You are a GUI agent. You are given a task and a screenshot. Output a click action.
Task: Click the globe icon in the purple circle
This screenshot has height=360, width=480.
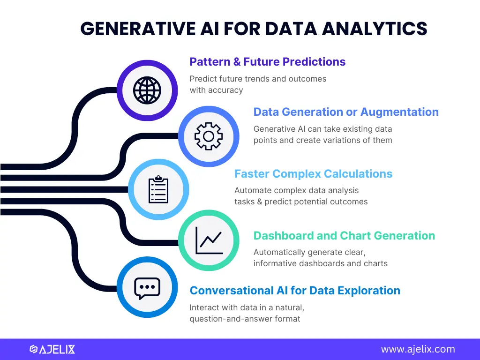tap(147, 90)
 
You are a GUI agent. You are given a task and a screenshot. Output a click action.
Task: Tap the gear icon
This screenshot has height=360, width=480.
tap(209, 136)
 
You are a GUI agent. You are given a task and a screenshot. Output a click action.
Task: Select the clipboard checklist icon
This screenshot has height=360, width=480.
tap(158, 190)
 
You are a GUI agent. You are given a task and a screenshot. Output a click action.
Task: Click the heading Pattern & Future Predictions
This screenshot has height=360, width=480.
tap(267, 62)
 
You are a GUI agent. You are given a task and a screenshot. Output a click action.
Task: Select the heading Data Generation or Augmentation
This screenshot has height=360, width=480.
tap(346, 112)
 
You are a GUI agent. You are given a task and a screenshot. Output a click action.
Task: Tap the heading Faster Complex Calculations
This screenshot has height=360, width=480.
tap(313, 174)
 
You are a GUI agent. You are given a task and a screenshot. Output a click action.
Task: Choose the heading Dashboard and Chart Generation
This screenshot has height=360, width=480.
tap(344, 236)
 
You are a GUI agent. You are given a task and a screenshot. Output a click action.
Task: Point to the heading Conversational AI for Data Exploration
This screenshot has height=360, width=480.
tap(295, 291)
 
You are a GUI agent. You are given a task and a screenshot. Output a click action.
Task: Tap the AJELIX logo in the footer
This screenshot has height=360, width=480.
tap(52, 349)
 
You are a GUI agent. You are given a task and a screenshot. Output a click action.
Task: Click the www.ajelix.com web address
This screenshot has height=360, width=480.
tap(418, 349)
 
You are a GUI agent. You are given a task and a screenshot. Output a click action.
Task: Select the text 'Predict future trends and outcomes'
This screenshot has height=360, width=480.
tap(258, 79)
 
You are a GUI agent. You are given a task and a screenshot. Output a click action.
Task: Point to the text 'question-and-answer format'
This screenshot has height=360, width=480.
tap(245, 319)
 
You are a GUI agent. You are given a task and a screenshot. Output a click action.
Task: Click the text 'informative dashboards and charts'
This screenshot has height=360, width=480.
tap(320, 263)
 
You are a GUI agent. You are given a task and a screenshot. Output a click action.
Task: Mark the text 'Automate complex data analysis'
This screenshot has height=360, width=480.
tap(296, 190)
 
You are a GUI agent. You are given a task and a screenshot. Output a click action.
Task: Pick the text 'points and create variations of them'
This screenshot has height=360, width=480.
tap(322, 140)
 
